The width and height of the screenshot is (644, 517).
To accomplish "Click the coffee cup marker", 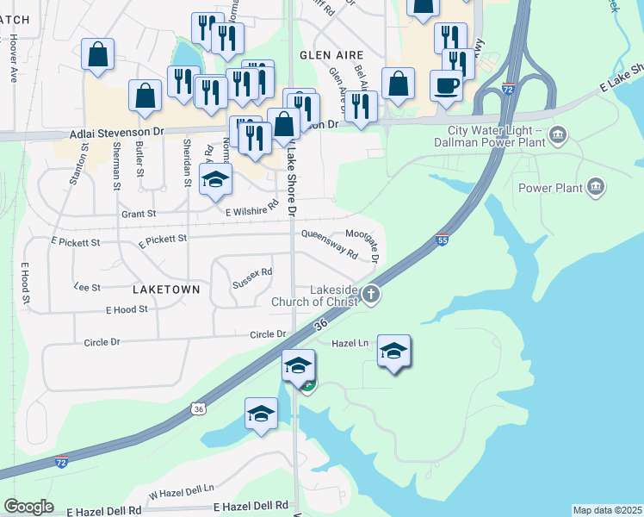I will click(x=446, y=86).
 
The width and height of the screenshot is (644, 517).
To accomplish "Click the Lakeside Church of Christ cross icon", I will click(x=371, y=295).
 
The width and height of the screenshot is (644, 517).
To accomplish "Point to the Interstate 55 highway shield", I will click(x=442, y=241).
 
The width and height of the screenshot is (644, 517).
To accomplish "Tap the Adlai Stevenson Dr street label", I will click(x=116, y=134).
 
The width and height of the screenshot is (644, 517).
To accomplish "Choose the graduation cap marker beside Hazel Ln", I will click(x=393, y=351).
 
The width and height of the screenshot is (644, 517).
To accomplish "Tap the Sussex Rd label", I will click(x=252, y=277).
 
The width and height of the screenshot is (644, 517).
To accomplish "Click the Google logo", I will click(x=28, y=507).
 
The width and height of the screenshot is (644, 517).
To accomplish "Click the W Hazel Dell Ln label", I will click(x=181, y=491).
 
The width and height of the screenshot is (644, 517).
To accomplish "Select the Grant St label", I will click(x=138, y=213).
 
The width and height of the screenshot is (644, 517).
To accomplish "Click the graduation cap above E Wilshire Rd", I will click(x=215, y=180).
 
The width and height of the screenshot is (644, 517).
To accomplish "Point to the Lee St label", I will click(x=87, y=286).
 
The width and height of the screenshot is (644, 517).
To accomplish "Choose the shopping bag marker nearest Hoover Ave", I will click(x=98, y=54).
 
